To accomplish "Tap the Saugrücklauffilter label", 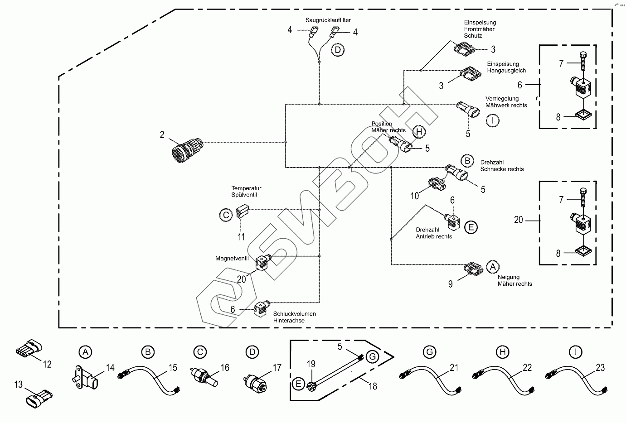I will pyautogui.click(x=328, y=20).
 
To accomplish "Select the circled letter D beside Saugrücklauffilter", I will pyautogui.click(x=338, y=49).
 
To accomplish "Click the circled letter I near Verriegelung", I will pyautogui.click(x=492, y=120).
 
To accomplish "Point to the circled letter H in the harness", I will pyautogui.click(x=419, y=132).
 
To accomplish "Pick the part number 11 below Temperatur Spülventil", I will pyautogui.click(x=241, y=236).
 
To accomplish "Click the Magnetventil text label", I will pyautogui.click(x=232, y=259).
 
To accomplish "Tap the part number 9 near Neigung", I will pyautogui.click(x=450, y=284).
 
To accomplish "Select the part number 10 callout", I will pyautogui.click(x=415, y=196).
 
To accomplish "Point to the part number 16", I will pyautogui.click(x=225, y=368).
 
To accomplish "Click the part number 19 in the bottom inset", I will pyautogui.click(x=311, y=364).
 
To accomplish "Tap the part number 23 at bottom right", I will pyautogui.click(x=600, y=368).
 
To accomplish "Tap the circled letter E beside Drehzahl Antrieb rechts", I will pyautogui.click(x=471, y=227).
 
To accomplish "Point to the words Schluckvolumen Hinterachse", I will pyautogui.click(x=295, y=317).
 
